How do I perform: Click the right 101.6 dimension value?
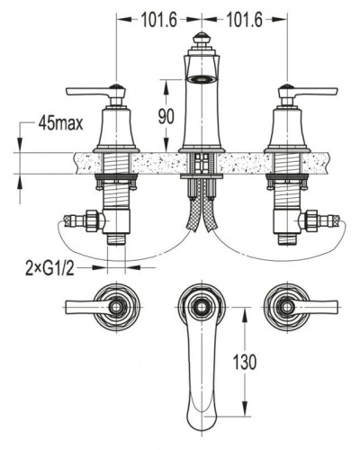245,18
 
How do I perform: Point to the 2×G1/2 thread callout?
50,266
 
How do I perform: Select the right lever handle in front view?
315,90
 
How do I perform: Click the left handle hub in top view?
116,307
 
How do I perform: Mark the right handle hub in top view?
288,307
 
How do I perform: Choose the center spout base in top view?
202,307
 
